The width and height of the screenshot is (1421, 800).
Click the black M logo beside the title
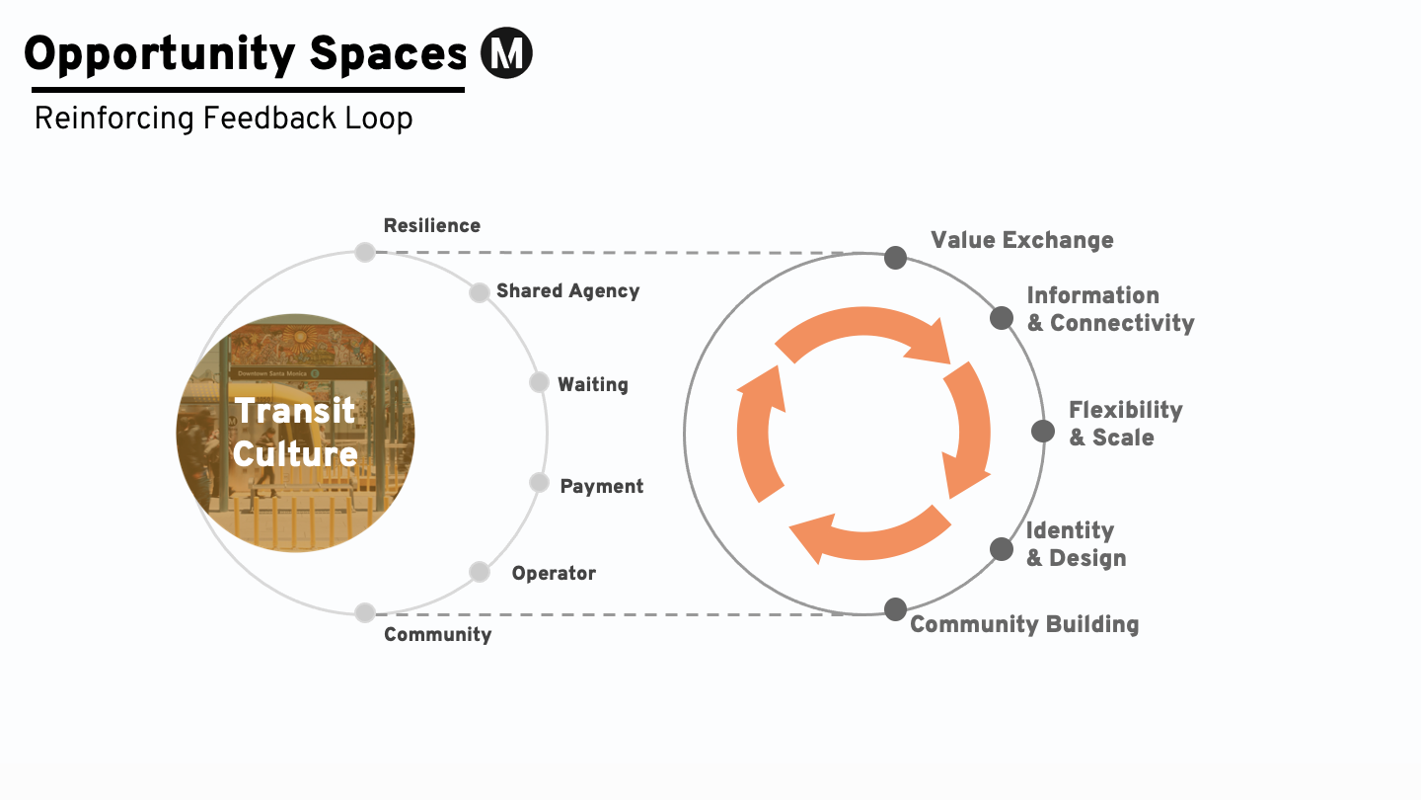(x=506, y=53)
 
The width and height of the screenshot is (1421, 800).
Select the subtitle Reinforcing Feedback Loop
(x=223, y=119)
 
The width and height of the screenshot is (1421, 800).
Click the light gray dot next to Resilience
(x=365, y=252)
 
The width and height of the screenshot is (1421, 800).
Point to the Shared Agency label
(x=567, y=291)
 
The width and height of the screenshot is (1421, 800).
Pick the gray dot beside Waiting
(x=539, y=382)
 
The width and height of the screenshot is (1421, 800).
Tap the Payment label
(x=601, y=486)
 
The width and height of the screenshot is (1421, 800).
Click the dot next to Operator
(x=480, y=572)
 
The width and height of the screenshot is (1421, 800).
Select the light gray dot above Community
(x=365, y=612)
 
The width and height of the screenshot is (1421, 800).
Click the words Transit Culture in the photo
(x=295, y=432)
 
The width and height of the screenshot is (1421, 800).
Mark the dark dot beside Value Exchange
(x=895, y=258)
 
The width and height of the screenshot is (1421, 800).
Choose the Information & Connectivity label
(x=1109, y=309)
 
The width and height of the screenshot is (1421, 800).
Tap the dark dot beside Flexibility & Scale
(x=1043, y=431)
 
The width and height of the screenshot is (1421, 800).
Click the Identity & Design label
(x=1075, y=544)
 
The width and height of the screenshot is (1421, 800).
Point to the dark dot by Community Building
(x=895, y=609)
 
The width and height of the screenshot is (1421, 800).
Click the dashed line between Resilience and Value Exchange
(x=612, y=253)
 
